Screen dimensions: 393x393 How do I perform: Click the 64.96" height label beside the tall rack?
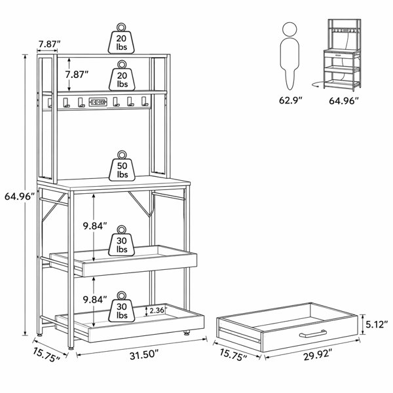point(20,196)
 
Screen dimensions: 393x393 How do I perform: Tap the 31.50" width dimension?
point(144,355)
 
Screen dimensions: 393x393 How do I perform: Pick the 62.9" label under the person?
point(290,100)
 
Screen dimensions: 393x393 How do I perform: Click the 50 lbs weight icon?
point(122,166)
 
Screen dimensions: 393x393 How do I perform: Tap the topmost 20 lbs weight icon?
point(121,38)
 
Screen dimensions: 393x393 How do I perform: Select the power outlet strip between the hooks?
point(98,102)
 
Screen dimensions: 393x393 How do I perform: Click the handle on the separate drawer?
point(313,333)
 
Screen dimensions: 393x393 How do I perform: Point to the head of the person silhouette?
point(290,29)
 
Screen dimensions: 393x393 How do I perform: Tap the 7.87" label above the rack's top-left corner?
point(49,44)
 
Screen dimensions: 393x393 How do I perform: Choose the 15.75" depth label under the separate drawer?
point(233,354)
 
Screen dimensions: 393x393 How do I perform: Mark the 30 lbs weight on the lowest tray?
point(122,307)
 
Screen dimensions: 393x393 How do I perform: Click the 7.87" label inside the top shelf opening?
point(77,75)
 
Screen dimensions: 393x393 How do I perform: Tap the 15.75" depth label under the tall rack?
point(47,355)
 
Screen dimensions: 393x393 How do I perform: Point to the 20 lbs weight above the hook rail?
point(122,75)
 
